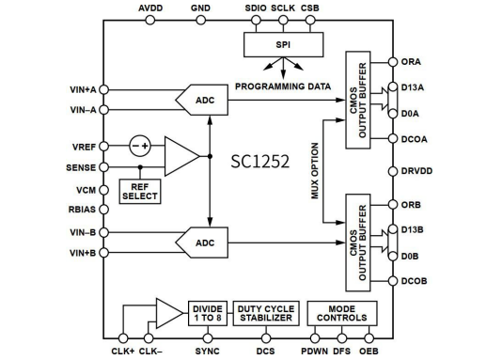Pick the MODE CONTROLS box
point(342,313)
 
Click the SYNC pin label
point(207,352)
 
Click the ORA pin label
point(412,63)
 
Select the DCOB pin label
point(416,280)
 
